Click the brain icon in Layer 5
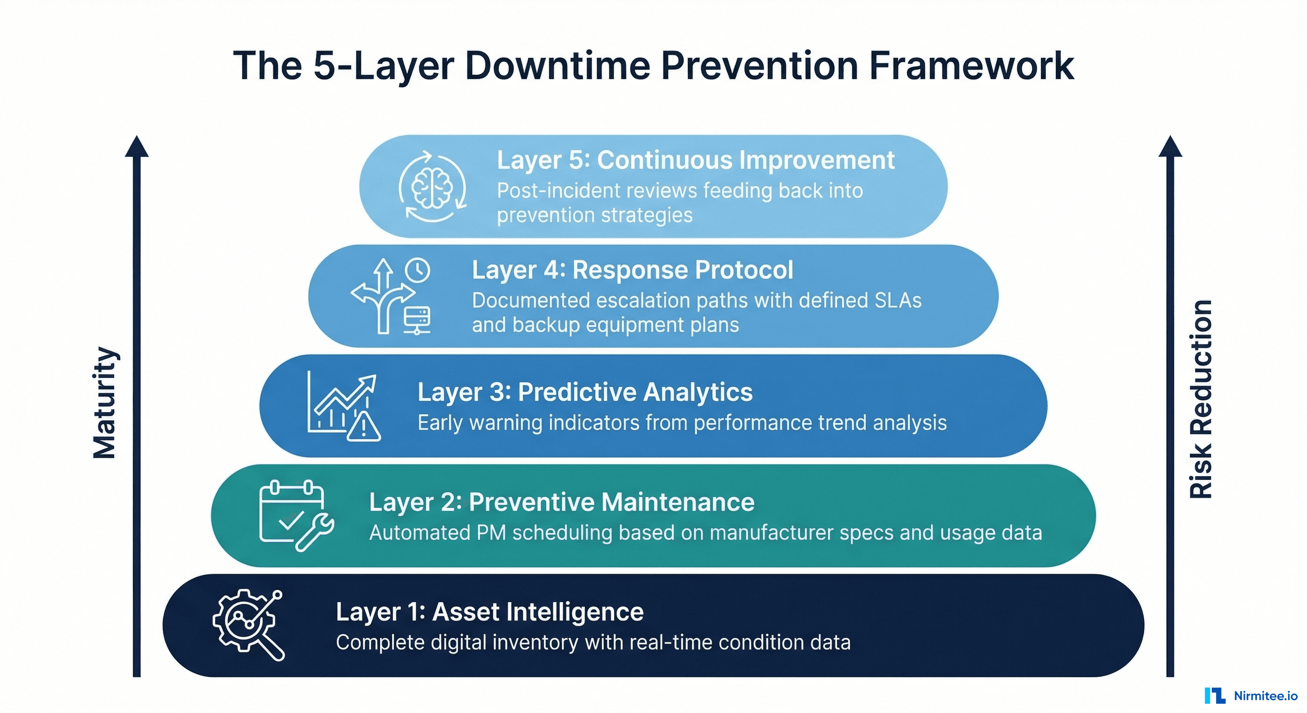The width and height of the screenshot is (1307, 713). pos(432,187)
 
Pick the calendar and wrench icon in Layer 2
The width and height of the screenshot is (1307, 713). pos(295,516)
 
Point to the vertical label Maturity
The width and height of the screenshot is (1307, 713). pos(105,403)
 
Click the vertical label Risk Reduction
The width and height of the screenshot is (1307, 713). pos(1201,399)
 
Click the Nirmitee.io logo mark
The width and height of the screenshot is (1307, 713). pos(1215,696)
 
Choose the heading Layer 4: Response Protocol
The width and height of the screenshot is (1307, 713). pos(632,270)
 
